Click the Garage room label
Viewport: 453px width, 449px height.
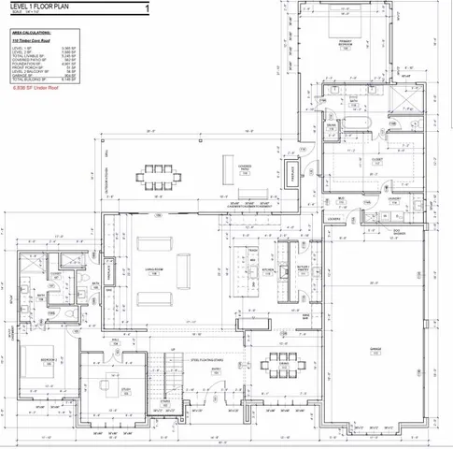tap(375, 352)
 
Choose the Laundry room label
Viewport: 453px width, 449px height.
tap(396, 198)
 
